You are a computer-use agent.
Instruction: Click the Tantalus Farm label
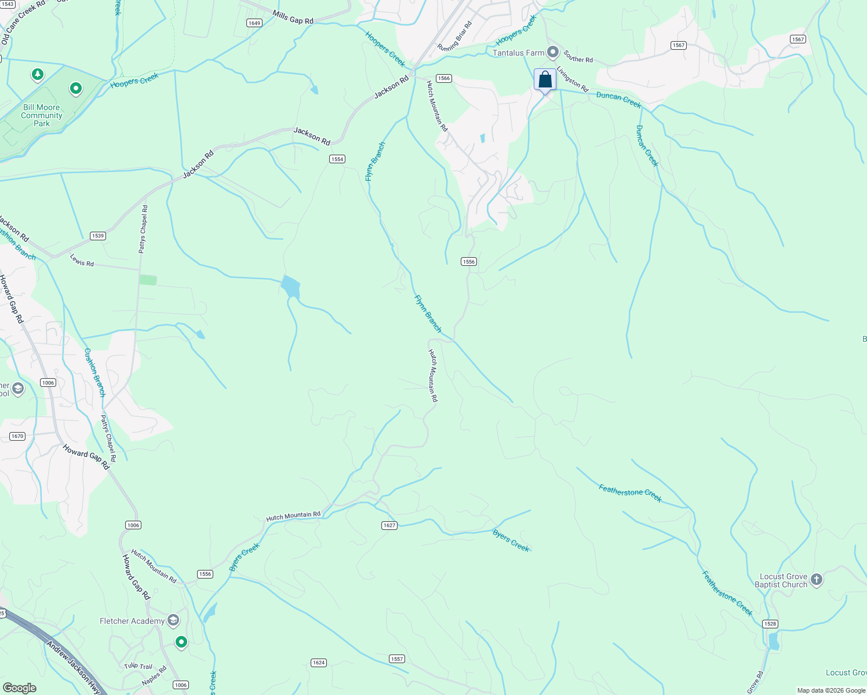tap(518, 53)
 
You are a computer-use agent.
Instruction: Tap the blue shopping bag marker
tap(545, 79)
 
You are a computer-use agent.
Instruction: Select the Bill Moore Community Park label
tap(42, 115)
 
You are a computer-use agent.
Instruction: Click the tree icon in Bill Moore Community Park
tap(38, 75)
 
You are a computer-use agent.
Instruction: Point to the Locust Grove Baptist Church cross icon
tap(817, 580)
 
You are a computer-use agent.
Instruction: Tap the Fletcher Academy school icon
tap(173, 621)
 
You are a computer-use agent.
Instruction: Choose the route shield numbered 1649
tap(254, 23)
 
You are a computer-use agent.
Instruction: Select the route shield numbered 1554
tap(337, 159)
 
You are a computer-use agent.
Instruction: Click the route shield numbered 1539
tap(97, 236)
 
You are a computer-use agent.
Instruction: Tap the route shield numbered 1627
tap(389, 525)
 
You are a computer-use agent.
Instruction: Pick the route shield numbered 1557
tap(397, 659)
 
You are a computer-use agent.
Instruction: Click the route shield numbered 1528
tap(770, 624)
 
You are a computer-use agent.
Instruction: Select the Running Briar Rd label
tap(455, 36)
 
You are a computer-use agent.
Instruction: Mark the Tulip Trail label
tap(138, 667)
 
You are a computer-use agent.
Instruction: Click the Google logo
tap(20, 688)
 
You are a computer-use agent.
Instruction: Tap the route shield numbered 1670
tap(17, 436)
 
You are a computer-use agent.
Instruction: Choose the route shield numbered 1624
tap(318, 663)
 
